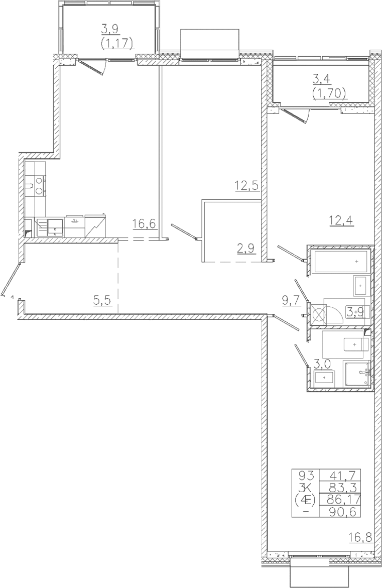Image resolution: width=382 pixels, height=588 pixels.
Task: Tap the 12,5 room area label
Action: (x=247, y=185)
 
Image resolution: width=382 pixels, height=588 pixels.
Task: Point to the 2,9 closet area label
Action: (x=246, y=248)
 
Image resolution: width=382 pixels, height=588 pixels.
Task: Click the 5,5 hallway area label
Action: (x=102, y=300)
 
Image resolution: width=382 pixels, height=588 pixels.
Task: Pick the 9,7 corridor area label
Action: (x=292, y=300)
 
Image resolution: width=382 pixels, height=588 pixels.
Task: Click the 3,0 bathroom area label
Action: (x=322, y=364)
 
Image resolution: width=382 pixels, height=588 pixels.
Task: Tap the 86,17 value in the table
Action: (x=344, y=499)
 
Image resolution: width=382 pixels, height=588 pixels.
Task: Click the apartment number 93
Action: (x=306, y=475)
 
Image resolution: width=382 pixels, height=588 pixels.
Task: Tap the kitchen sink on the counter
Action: (x=56, y=227)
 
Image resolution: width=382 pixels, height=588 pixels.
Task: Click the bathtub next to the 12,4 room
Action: (x=340, y=262)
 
